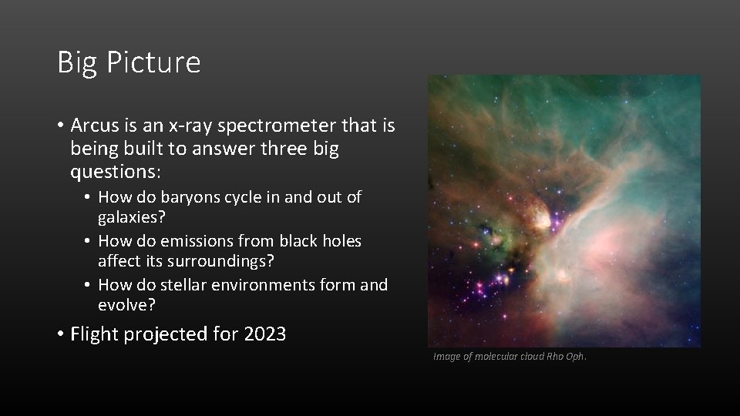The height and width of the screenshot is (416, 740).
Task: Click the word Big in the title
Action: [x=77, y=62]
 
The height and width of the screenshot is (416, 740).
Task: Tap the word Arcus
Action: [x=96, y=125]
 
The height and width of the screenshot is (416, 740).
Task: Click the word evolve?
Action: [x=126, y=306]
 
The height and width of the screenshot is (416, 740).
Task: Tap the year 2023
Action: [x=264, y=334]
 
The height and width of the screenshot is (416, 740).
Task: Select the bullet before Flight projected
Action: [x=60, y=334]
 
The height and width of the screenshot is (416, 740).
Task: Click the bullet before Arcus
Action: [x=60, y=125]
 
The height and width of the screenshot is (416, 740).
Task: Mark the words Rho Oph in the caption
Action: [x=567, y=356]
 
